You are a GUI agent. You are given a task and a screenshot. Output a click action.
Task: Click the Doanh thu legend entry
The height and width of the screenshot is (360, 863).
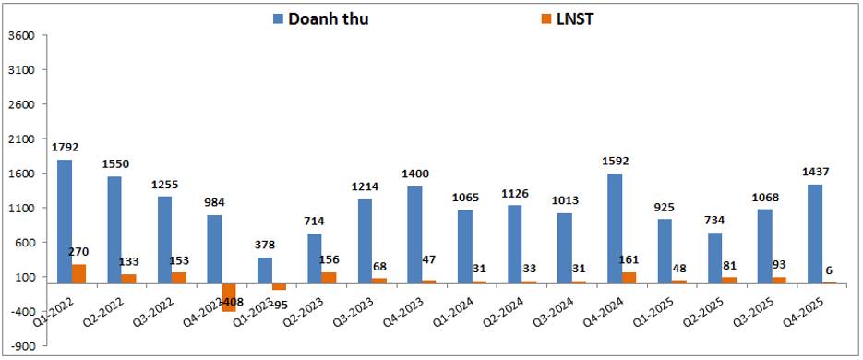[320, 18]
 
